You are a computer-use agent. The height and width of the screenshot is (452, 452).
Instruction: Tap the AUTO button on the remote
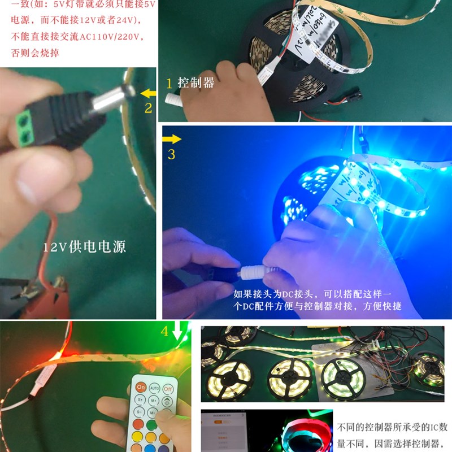point(154,389)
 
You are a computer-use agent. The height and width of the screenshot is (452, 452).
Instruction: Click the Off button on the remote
point(168,389)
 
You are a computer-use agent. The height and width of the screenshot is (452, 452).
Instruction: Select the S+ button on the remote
point(140,401)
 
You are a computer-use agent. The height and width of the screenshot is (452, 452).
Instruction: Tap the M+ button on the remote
point(154,401)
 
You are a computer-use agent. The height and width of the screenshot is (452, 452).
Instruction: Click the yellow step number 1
point(168,83)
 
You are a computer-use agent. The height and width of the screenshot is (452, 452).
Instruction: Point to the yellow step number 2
point(148,108)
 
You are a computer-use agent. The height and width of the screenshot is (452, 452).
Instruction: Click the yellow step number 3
point(172,154)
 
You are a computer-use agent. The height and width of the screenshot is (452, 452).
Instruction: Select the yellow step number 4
point(164,331)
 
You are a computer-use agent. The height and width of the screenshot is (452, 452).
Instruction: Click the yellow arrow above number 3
point(172,138)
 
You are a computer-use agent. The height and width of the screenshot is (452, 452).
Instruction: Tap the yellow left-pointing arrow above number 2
point(149,93)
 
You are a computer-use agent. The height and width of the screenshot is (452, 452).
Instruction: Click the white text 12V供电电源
point(85,247)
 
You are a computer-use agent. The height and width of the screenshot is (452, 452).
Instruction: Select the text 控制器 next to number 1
point(196,83)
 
